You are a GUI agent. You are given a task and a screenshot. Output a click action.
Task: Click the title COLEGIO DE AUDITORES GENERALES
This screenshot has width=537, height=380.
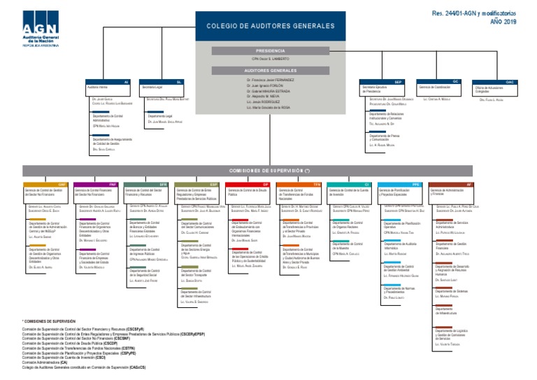[270, 26]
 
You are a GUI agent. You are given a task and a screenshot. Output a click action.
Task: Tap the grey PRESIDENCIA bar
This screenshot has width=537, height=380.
[270, 51]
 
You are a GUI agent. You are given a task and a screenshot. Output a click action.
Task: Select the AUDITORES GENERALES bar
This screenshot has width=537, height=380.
[270, 70]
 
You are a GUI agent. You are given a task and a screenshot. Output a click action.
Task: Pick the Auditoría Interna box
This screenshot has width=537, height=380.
[107, 88]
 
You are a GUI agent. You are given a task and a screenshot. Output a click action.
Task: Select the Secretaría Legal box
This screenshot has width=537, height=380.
[162, 88]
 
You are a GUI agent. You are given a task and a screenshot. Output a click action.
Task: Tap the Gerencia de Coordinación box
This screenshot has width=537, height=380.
[439, 87]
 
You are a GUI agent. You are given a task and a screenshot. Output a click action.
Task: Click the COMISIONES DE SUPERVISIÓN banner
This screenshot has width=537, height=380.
[270, 170]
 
